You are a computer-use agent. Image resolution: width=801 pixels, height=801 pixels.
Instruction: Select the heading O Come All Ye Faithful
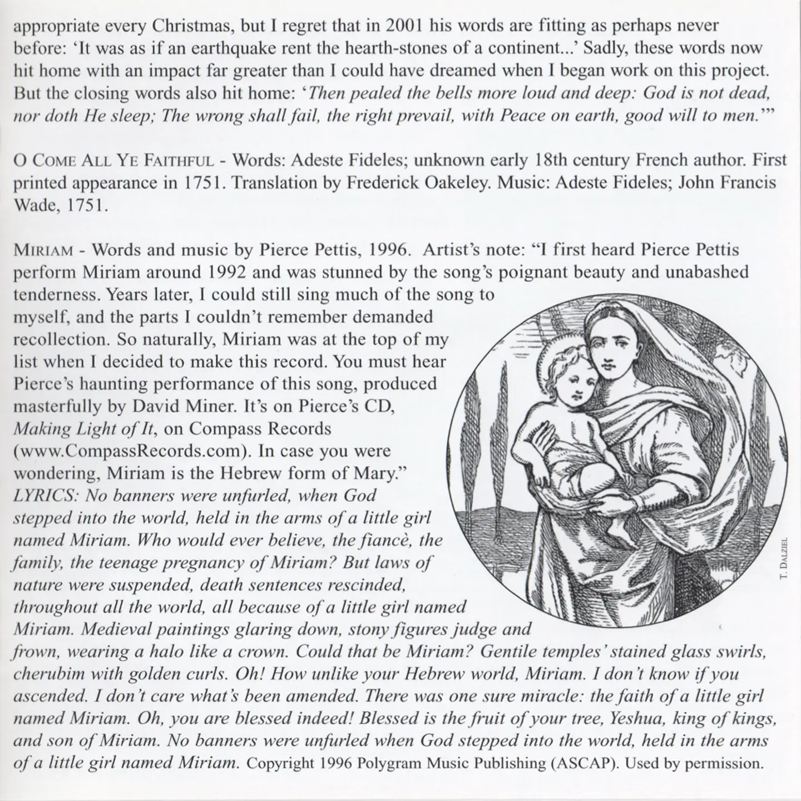[x=113, y=161]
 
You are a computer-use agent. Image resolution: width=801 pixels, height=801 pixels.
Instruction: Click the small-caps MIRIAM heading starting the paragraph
[x=43, y=250]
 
